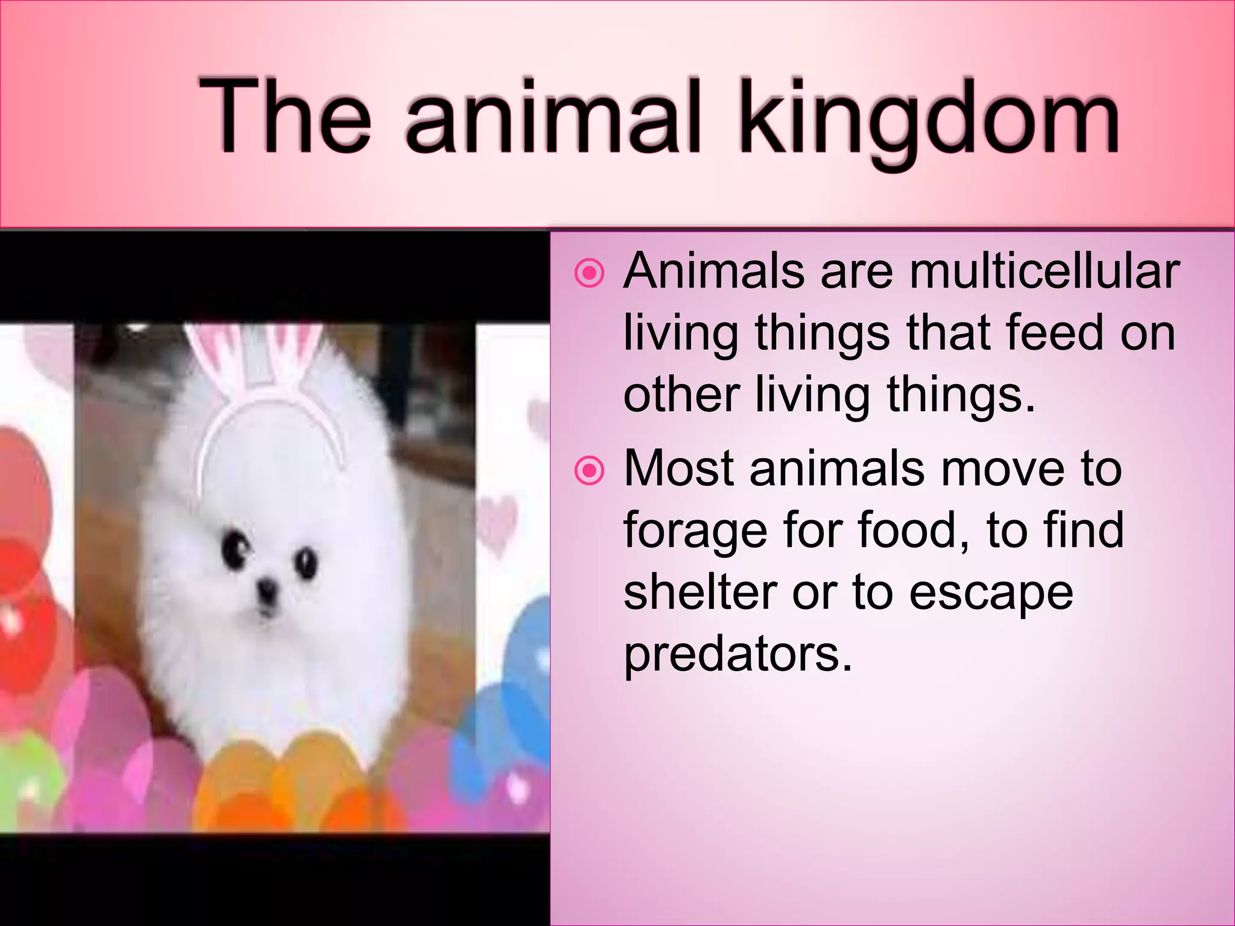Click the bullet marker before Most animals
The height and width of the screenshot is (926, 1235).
coord(589,471)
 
